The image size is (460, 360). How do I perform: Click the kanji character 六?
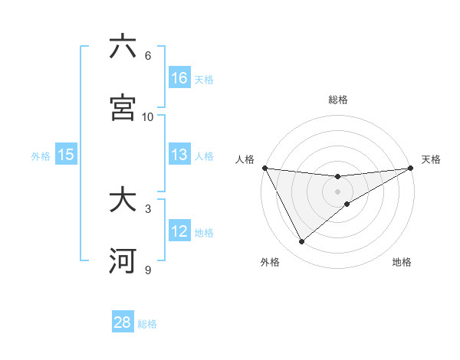point(123,47)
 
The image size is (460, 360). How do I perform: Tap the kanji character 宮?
point(123,108)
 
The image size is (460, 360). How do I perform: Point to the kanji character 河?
point(123,261)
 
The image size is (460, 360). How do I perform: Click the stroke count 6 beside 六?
point(147,56)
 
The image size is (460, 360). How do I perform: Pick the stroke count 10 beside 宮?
point(148,117)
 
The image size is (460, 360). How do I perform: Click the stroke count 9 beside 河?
point(147,270)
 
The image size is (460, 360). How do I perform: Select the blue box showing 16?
point(179,78)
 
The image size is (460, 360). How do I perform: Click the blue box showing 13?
point(179,155)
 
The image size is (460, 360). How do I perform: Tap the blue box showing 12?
point(179,231)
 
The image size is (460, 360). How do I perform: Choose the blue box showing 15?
point(66,155)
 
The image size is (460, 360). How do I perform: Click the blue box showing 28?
point(123,322)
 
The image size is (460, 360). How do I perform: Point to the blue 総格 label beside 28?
point(147,324)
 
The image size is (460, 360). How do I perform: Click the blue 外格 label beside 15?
point(41,156)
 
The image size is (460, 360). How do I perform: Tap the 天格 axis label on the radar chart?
point(432,159)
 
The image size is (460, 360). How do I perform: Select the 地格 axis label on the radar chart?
point(402,262)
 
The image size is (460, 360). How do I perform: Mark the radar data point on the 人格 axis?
point(264,168)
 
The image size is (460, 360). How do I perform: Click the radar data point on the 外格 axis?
point(301,242)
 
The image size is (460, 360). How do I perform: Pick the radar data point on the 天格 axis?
point(411,168)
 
